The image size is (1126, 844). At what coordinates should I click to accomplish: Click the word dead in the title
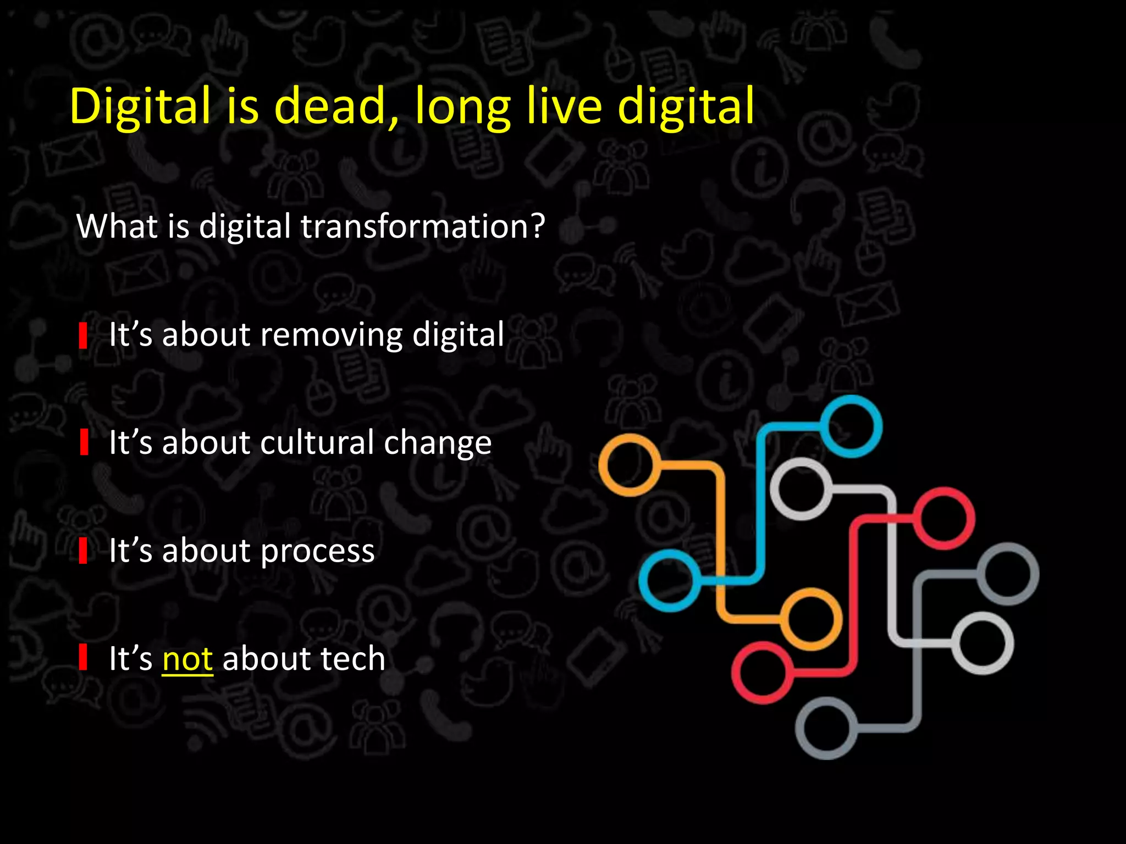click(329, 106)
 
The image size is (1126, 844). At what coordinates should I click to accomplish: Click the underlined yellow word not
click(187, 659)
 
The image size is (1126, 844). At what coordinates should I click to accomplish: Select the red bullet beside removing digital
click(83, 336)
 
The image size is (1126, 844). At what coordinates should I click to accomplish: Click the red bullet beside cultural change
click(84, 443)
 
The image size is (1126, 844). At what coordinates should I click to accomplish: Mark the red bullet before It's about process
click(83, 551)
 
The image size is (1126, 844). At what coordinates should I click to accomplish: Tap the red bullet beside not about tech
click(83, 658)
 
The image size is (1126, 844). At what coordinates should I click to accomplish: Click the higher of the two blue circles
click(851, 426)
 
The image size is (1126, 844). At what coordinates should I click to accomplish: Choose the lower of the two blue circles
click(670, 580)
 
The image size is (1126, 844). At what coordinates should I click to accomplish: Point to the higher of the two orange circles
click(630, 465)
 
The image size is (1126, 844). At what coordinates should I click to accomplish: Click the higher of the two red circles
click(944, 518)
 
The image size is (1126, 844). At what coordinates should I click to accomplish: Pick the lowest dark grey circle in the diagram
click(826, 729)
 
